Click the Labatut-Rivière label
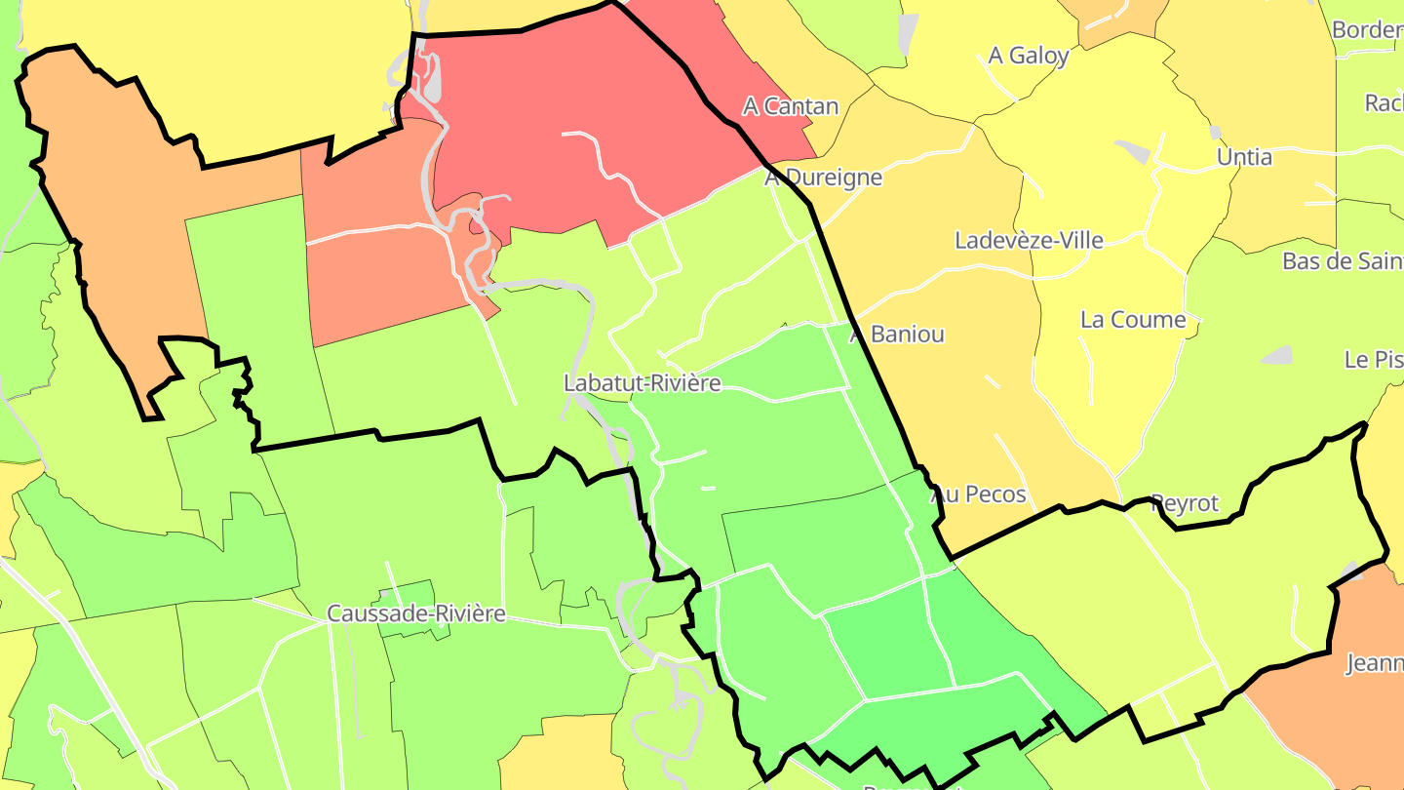(x=643, y=383)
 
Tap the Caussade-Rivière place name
(x=416, y=613)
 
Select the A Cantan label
(x=791, y=106)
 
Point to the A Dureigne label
(x=824, y=178)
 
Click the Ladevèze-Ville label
(x=1030, y=240)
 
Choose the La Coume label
(x=1133, y=320)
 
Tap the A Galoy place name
(x=1029, y=56)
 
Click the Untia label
(x=1244, y=157)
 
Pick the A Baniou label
(x=898, y=334)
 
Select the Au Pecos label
(x=980, y=494)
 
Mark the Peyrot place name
(x=1185, y=503)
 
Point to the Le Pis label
(x=1374, y=360)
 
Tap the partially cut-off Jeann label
(x=1375, y=664)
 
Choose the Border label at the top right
(x=1367, y=30)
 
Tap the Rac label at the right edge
(x=1384, y=102)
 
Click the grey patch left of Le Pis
(x=1277, y=356)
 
